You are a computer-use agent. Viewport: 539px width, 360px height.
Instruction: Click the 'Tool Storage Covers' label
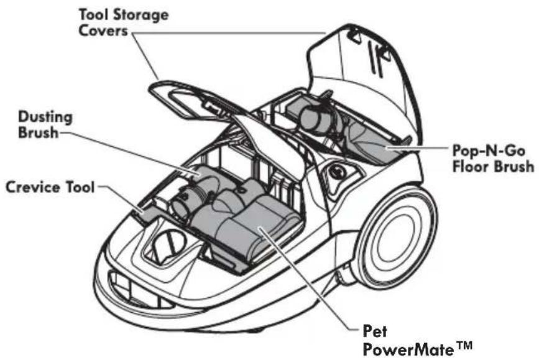pyautogui.click(x=124, y=22)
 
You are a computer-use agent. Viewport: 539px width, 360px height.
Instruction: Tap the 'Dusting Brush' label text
pyautogui.click(x=45, y=124)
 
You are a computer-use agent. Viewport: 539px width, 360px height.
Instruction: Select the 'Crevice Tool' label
pyautogui.click(x=50, y=187)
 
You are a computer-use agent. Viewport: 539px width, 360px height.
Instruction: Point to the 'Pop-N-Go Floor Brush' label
pyautogui.click(x=493, y=159)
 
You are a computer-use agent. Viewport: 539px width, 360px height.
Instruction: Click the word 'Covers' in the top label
pyautogui.click(x=103, y=30)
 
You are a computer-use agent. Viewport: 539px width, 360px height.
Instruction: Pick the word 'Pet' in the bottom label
pyautogui.click(x=375, y=331)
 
